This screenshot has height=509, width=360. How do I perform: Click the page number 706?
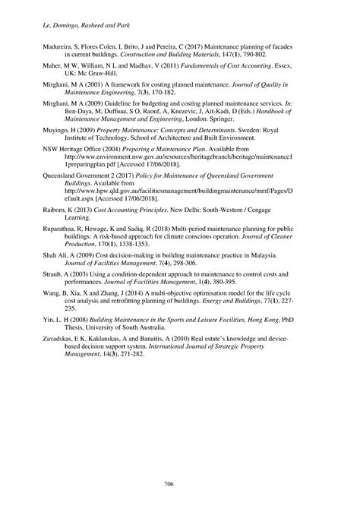coord(180,483)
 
